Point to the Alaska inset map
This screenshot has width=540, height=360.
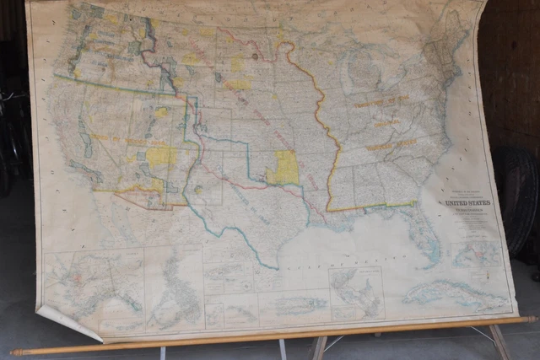point(93,287)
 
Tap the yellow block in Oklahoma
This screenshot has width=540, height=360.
point(285,168)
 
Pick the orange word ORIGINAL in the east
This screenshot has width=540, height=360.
point(386,123)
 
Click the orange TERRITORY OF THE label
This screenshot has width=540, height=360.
point(380,101)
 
